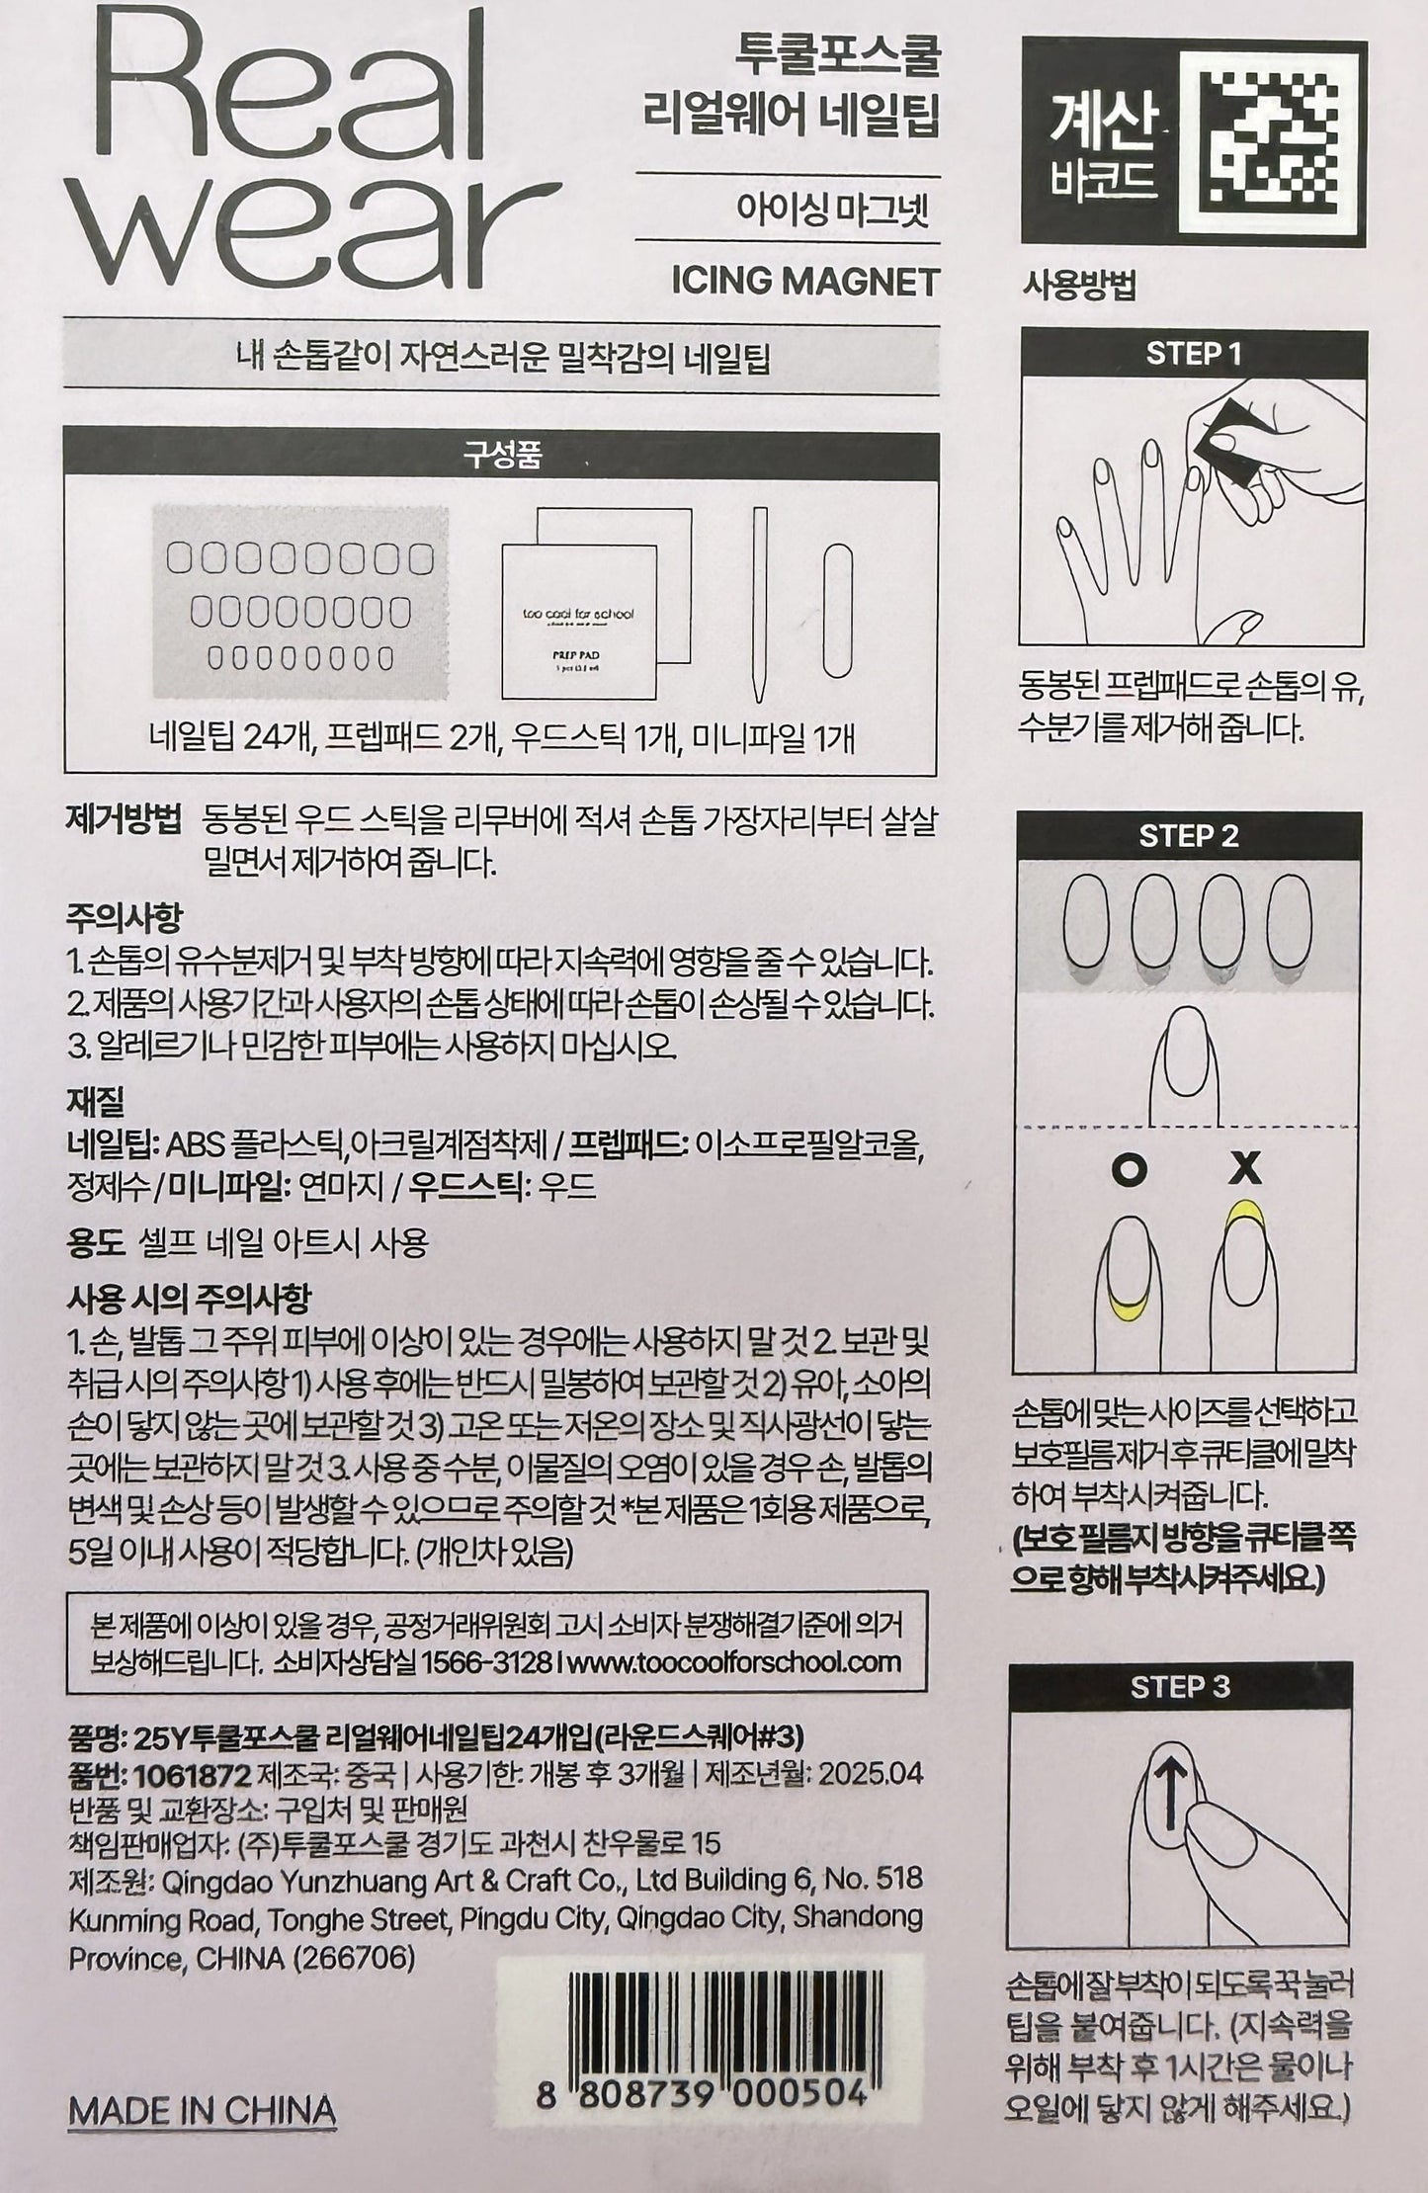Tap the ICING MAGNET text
[803, 283]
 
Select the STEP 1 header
[1193, 354]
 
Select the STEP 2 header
[1189, 836]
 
